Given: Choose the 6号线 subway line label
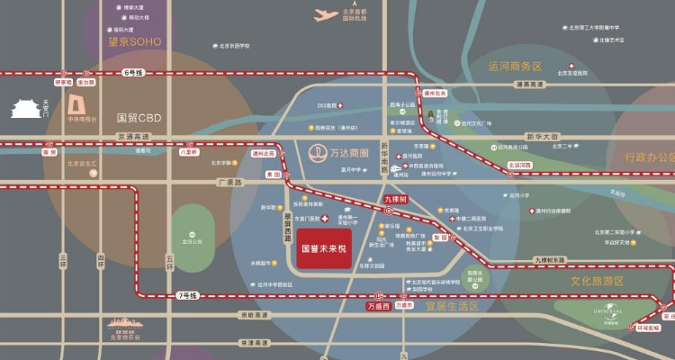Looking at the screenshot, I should [134, 72].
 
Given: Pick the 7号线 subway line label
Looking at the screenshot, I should [188, 295].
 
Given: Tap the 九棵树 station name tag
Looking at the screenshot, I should [396, 198].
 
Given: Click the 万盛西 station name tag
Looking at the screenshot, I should [379, 306].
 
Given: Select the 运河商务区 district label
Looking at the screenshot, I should [515, 67].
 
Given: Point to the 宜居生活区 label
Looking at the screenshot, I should [452, 306].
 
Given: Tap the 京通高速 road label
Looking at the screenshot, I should [133, 137].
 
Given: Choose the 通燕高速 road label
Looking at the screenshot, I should [531, 85].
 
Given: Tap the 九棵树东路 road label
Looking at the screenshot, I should [550, 259].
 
